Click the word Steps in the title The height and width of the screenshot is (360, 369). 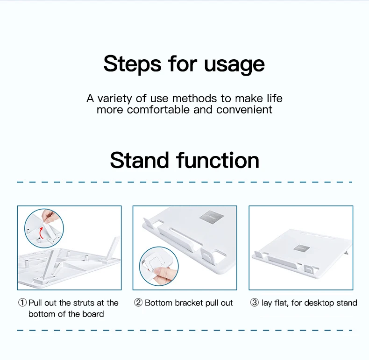coord(132,64)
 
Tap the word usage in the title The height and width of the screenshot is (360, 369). coord(234,65)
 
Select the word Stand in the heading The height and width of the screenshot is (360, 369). coord(140,160)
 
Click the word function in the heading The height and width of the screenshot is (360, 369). coord(218,160)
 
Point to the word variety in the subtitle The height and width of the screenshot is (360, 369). coord(114,99)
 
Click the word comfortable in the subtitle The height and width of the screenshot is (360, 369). coord(158,110)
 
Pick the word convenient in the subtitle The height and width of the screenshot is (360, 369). coord(244,110)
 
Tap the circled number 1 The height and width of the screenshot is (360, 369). coord(22,303)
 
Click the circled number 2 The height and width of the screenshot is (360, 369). coord(138,303)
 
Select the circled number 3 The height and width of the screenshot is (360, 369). coord(255,303)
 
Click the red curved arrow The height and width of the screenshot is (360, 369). coord(41,233)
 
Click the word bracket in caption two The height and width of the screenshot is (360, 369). coord(189,303)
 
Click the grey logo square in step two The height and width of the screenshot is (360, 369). coord(211,216)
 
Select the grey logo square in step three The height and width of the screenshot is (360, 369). coord(301,248)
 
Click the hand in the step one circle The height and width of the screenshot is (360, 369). coord(50,216)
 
